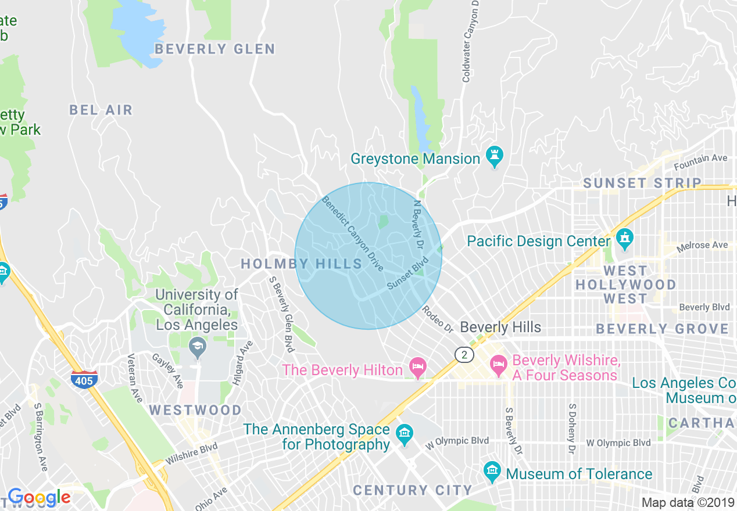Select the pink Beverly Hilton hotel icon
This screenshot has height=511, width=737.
coord(417,367)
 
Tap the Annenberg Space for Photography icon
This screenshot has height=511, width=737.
coord(404,434)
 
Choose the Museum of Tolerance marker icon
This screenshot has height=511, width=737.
coord(492,471)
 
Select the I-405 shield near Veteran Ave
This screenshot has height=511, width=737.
coord(84,379)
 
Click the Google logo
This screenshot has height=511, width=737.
coord(39,497)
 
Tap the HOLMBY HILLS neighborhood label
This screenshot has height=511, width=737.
coord(301,264)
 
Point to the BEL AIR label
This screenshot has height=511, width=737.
coord(101,110)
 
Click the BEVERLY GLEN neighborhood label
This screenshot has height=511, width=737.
coord(215,49)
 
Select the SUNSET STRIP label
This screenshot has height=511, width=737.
coord(642,183)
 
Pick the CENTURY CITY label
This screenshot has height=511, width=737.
coord(412,490)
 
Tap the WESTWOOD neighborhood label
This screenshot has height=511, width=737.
coord(195,410)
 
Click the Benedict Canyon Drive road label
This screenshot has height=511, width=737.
coord(353,233)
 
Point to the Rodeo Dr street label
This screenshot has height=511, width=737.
coord(437,319)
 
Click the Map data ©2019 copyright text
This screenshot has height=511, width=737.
coord(688,502)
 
